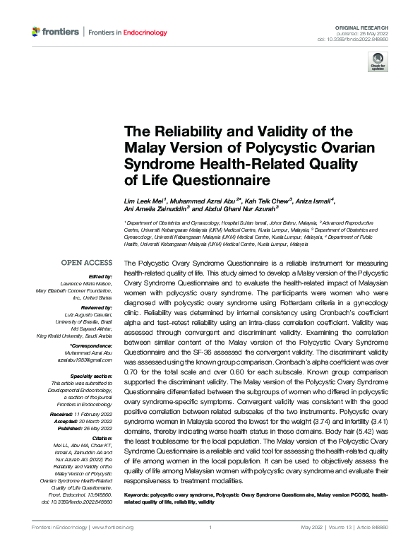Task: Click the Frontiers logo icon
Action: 37,32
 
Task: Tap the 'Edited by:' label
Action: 100,276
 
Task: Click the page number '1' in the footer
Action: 210,527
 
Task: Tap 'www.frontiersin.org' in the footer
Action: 113,527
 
